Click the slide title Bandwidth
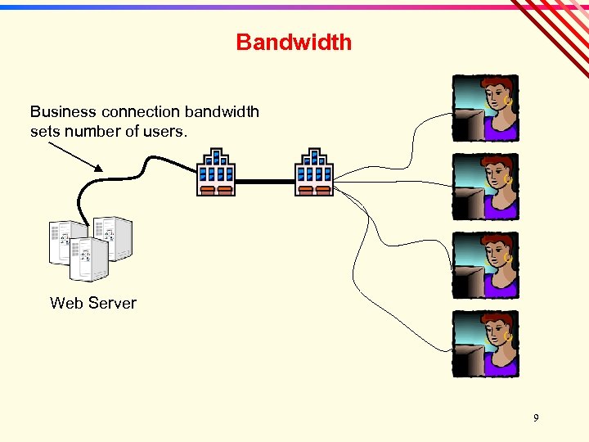click(x=294, y=43)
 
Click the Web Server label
click(x=93, y=303)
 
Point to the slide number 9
click(x=536, y=418)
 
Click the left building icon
click(x=216, y=172)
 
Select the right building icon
click(x=314, y=172)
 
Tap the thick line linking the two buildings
click(x=265, y=181)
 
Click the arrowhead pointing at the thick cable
click(x=98, y=168)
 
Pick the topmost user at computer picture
click(x=485, y=108)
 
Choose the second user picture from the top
click(x=485, y=187)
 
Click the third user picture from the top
click(x=485, y=265)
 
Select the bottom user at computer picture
click(x=485, y=344)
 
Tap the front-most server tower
click(x=89, y=259)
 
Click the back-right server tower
click(x=113, y=237)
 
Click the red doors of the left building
click(x=216, y=190)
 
